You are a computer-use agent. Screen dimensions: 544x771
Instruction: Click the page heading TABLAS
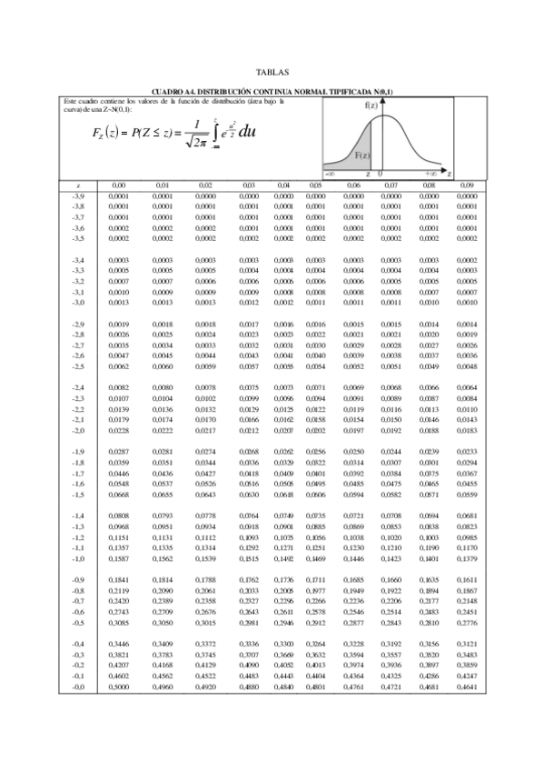272,71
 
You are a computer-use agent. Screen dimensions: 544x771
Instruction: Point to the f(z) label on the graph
371,105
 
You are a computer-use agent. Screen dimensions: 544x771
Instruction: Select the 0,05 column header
315,185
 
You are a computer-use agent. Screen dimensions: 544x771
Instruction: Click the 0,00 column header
118,185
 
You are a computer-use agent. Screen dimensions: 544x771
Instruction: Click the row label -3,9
77,195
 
